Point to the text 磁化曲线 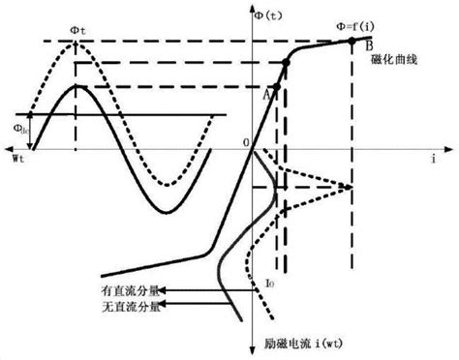coord(394,61)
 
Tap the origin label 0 coord(246,143)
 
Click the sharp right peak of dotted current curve coord(350,184)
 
